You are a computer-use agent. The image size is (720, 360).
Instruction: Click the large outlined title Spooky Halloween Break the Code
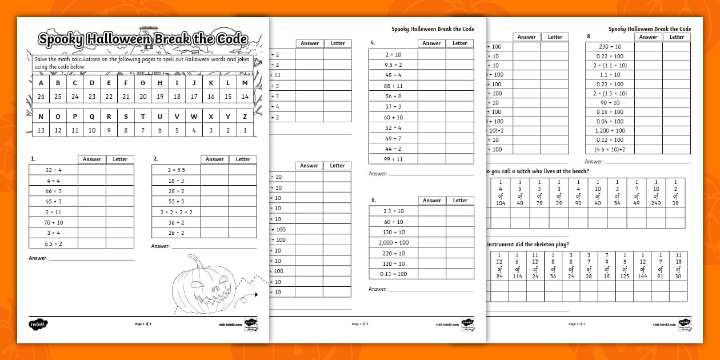[x=143, y=39]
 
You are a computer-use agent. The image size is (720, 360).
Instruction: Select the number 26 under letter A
[x=41, y=97]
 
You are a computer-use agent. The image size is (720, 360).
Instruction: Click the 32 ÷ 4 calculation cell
[x=53, y=170]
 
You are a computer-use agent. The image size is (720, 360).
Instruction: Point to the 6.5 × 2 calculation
[x=53, y=243]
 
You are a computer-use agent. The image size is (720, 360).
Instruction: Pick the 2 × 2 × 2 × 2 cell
[x=176, y=212]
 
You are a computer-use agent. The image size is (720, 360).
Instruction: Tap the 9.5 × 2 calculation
[x=393, y=65]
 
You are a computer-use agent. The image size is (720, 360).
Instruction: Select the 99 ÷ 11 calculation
[x=393, y=159]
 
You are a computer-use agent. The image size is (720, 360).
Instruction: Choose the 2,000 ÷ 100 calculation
[x=393, y=243]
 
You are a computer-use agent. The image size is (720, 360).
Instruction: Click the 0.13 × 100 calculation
[x=393, y=274]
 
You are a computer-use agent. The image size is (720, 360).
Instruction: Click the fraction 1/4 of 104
[x=501, y=192]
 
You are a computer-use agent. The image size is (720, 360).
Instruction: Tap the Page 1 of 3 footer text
[x=143, y=324]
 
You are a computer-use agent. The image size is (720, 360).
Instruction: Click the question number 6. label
[x=373, y=201]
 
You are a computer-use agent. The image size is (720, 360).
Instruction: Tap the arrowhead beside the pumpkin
[x=255, y=294]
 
